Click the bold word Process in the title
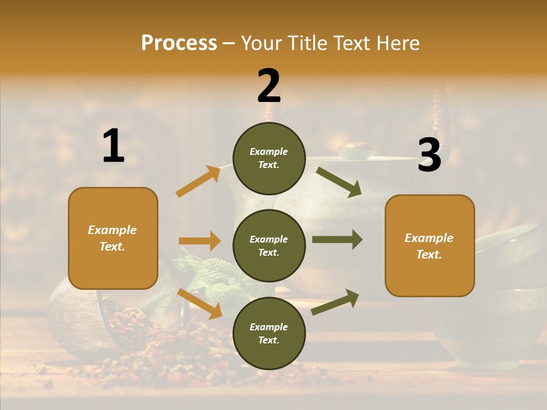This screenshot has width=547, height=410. (179, 43)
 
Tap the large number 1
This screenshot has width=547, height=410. (113, 146)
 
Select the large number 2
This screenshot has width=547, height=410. (269, 86)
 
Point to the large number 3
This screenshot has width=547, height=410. (429, 155)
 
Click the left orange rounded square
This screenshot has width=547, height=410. (113, 238)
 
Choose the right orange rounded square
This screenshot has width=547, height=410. (430, 245)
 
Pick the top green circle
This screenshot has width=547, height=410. (269, 158)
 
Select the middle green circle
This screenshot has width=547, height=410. (269, 245)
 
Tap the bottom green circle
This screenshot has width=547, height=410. (269, 333)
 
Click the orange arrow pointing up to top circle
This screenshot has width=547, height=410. (198, 182)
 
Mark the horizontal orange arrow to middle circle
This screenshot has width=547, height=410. (199, 241)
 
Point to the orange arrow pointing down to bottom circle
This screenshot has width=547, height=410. (199, 304)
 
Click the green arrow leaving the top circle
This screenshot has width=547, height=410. (339, 182)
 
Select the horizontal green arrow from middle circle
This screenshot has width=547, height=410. (337, 240)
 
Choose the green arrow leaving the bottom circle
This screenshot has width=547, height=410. (336, 302)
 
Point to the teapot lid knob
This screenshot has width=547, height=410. (355, 150)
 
